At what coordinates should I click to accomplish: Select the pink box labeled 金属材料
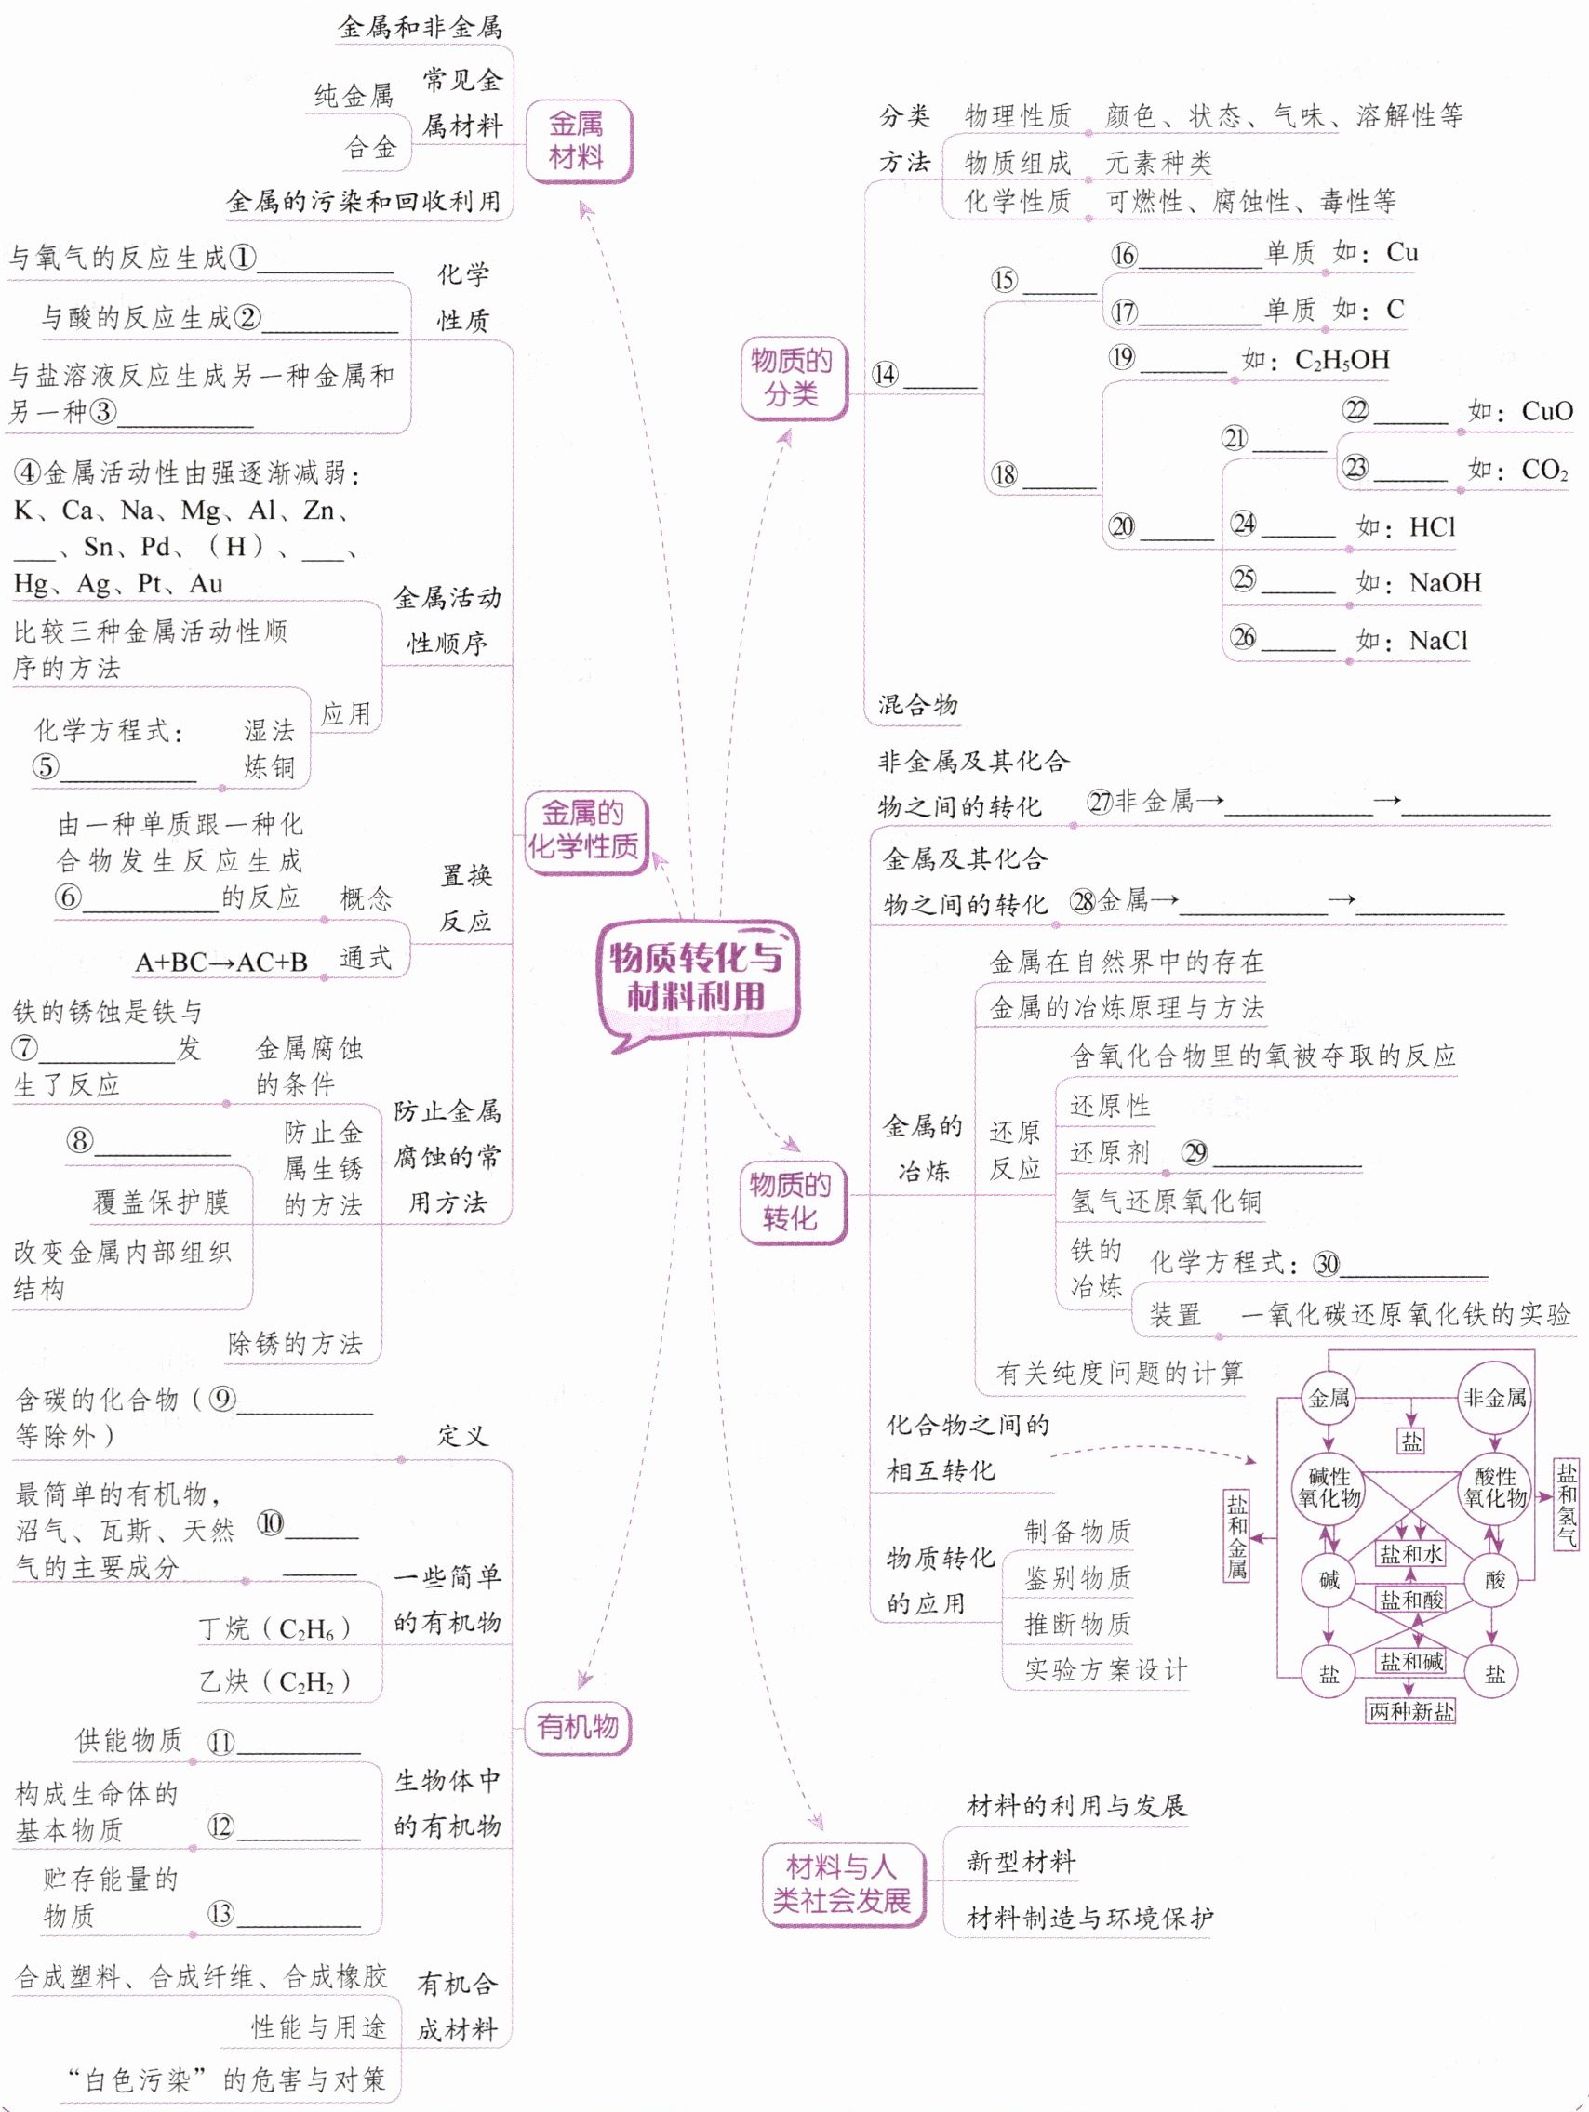(577, 140)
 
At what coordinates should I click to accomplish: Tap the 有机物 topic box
(577, 1726)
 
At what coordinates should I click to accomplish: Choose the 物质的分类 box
(792, 378)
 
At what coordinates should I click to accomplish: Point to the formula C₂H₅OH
(1342, 360)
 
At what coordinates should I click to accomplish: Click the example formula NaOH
(1445, 582)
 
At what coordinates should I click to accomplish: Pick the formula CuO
(1547, 411)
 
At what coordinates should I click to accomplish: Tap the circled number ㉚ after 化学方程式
(1327, 1264)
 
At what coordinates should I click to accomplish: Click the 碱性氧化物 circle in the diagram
(1329, 1488)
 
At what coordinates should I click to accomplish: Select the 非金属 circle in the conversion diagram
(1494, 1399)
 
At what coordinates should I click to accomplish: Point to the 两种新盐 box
(1411, 1711)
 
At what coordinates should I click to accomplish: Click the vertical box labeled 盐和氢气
(1566, 1504)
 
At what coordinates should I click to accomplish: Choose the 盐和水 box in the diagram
(1410, 1553)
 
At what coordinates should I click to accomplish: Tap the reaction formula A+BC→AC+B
(220, 963)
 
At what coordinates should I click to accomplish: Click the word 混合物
(917, 705)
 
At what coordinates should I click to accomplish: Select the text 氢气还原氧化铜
(1165, 1202)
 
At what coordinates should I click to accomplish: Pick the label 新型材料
(1021, 1861)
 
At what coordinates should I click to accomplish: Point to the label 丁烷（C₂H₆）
(275, 1627)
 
